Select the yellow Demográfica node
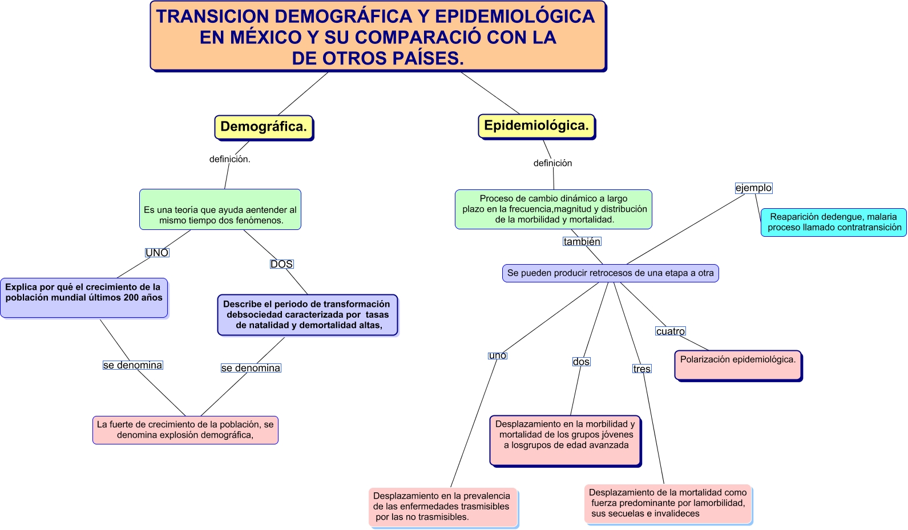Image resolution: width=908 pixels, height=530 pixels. coord(264,127)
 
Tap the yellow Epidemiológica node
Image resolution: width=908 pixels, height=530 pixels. coord(536,126)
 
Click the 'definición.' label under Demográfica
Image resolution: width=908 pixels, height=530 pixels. coord(229,159)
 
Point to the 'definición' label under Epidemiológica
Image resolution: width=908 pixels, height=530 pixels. coord(552,163)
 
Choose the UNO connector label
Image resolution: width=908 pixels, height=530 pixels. coord(157,253)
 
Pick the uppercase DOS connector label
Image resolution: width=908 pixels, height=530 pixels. coord(281,264)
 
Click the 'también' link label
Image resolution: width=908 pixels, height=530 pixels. coord(582,241)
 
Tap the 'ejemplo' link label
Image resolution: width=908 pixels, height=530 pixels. coord(753,188)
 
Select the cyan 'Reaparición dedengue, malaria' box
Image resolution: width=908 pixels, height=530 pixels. coord(833,222)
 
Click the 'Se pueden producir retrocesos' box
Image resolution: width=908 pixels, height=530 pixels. coord(610,273)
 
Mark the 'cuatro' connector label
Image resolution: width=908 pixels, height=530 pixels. coord(670,331)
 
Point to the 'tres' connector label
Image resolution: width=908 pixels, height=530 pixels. coord(641,369)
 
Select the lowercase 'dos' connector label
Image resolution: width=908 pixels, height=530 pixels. coord(581,362)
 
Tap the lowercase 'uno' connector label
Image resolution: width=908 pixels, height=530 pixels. coord(497,355)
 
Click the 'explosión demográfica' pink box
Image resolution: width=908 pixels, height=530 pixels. coord(185,430)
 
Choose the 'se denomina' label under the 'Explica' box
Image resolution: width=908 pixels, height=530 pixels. coord(132,365)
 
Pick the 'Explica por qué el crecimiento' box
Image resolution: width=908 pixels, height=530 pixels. coord(84,297)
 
